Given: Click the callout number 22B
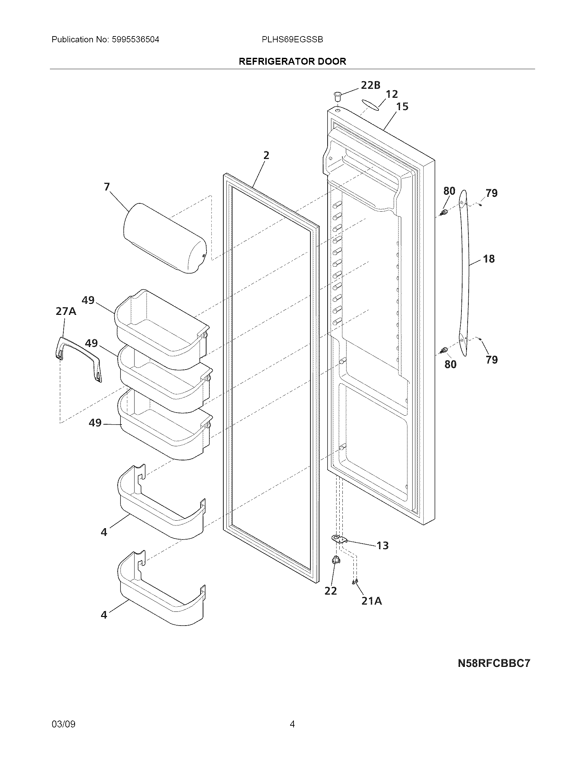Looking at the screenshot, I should coord(371,85).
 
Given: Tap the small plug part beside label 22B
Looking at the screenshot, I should coord(338,96).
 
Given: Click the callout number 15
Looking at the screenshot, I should coord(402,106).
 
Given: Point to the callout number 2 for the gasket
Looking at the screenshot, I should coord(266,155).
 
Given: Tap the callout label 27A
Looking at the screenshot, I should coord(66,311).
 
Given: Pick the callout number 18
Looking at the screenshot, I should coord(489,258).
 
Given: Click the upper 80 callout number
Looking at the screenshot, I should coord(449,191).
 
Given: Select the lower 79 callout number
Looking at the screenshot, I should coord(492,360).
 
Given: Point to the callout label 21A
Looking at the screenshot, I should coord(372,601).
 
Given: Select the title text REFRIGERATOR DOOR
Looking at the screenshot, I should coord(292,61).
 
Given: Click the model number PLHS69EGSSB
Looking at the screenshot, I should coord(292,40).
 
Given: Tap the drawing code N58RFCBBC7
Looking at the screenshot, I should coord(494,663).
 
